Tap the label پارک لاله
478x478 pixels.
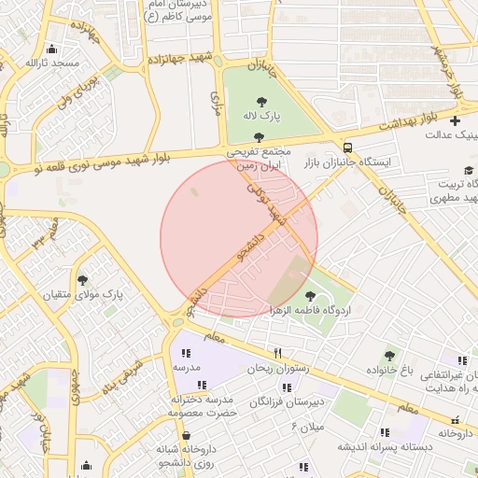[x=260, y=117]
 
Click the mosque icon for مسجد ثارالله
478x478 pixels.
[x=51, y=49]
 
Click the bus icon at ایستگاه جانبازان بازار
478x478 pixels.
[x=347, y=148]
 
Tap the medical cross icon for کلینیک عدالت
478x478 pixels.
[x=455, y=120]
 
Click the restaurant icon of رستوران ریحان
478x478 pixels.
[x=277, y=353]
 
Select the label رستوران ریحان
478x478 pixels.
[x=277, y=368]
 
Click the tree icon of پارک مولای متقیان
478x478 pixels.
[x=82, y=279]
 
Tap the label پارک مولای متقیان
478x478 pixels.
[x=82, y=294]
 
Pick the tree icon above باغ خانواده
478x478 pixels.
[x=390, y=355]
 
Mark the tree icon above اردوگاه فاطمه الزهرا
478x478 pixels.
[x=310, y=295]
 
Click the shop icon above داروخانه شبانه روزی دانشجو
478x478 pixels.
[x=187, y=435]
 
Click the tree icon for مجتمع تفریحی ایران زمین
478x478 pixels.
[x=259, y=137]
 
